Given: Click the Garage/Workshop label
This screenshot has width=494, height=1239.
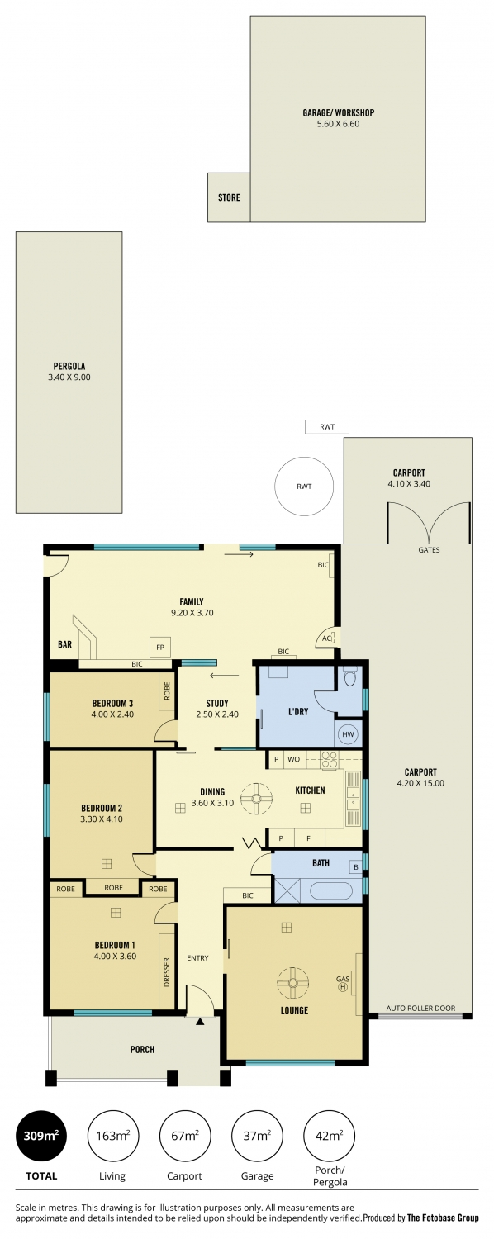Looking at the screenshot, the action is [338, 113].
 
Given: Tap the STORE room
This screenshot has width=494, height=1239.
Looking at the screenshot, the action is [229, 197].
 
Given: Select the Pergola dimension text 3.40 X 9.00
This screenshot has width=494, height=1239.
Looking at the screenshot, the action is [69, 377].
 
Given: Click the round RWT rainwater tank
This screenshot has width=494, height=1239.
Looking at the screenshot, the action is [304, 487].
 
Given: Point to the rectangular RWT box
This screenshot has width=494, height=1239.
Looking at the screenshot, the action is [327, 427].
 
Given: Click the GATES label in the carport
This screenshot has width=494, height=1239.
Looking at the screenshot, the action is [430, 550].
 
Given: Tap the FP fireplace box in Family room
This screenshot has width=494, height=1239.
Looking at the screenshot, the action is [160, 647].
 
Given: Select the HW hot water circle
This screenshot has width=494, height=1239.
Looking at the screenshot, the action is [348, 734].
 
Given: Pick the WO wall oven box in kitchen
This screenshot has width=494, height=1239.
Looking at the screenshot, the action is [294, 759].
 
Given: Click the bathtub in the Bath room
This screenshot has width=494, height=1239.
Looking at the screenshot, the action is [331, 890].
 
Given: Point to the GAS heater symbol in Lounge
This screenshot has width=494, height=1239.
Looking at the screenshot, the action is [343, 983].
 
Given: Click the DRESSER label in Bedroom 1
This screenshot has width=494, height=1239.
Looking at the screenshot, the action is [167, 971].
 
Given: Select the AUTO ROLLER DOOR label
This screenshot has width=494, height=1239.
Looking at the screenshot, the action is [421, 1008].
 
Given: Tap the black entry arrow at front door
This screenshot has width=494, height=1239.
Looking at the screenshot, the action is [200, 1022].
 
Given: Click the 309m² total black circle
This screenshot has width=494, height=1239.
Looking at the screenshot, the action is [41, 1136].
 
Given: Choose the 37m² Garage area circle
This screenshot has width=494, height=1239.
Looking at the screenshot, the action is [257, 1136].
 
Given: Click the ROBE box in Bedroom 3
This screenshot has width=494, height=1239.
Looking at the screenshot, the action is [167, 691].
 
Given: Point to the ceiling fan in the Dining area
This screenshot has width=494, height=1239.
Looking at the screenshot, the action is [256, 798].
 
